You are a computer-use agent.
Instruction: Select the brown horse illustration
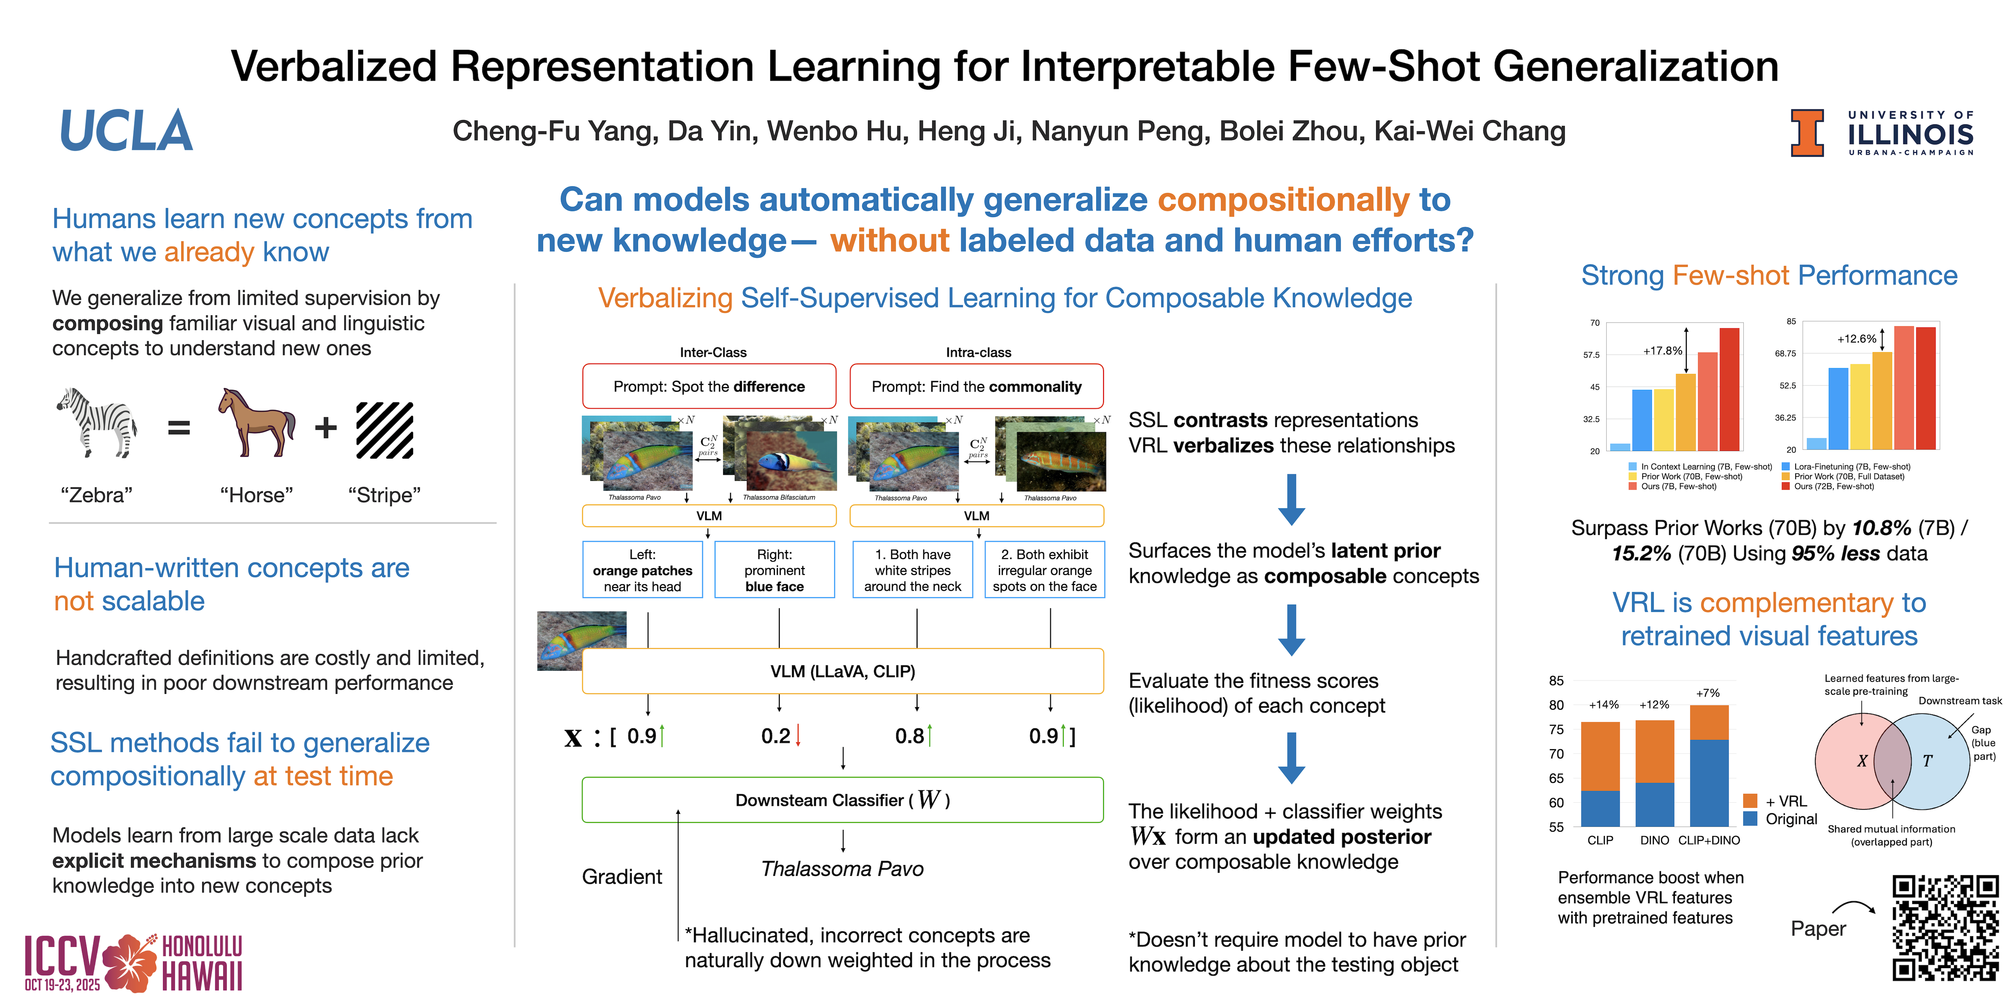(256, 422)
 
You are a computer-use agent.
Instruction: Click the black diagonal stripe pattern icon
(385, 430)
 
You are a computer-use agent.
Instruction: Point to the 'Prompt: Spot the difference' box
(709, 386)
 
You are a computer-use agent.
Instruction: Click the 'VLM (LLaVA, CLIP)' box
(843, 671)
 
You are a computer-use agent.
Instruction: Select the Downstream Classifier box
(843, 800)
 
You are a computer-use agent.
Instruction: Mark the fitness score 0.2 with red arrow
(781, 736)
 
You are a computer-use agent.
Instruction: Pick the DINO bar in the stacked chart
(1654, 773)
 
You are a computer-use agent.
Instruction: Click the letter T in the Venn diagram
(1928, 761)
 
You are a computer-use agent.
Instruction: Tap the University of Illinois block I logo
(1807, 133)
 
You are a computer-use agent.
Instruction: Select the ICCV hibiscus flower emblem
(129, 962)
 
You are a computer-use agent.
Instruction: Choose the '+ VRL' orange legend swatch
(1750, 801)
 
